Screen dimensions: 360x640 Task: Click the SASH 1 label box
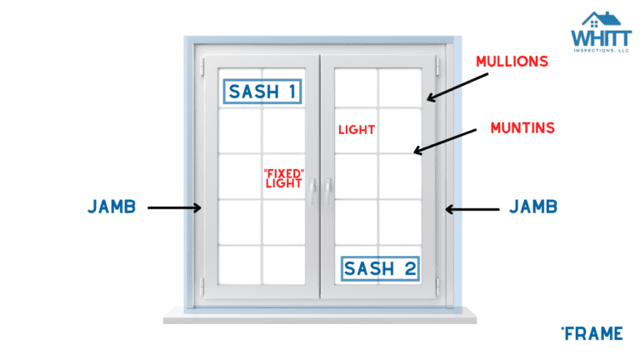click(261, 92)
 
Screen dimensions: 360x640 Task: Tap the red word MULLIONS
click(512, 62)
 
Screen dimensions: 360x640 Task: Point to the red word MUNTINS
click(522, 128)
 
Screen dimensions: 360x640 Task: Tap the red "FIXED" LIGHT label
click(283, 177)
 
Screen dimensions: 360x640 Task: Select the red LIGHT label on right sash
click(357, 130)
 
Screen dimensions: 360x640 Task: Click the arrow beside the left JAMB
click(175, 207)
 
